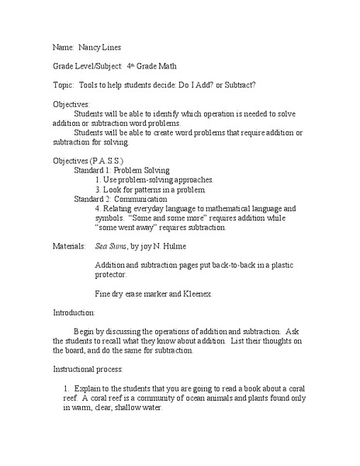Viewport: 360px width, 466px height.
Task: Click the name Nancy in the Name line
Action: coord(90,48)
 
